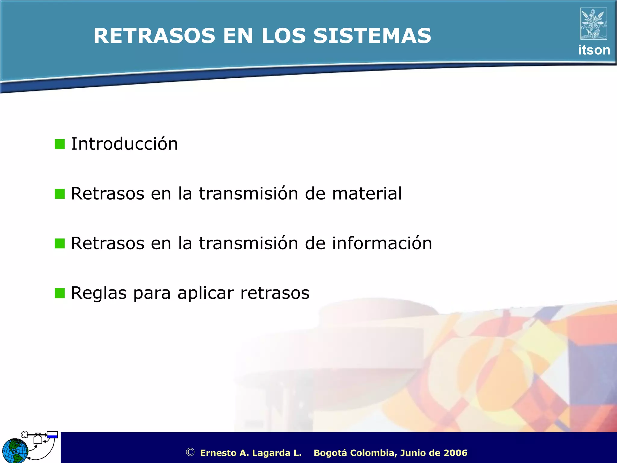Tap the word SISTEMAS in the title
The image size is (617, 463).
click(372, 36)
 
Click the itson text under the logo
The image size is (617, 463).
click(594, 50)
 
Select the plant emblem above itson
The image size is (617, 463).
click(594, 24)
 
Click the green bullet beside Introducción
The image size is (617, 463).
click(60, 144)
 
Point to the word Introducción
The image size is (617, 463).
click(124, 144)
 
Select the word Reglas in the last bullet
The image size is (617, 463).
click(99, 293)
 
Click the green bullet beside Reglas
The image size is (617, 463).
click(60, 293)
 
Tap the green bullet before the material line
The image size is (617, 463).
click(60, 194)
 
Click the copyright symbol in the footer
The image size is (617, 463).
click(190, 452)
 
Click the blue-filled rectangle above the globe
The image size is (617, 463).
click(52, 435)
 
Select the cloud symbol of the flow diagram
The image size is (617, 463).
click(25, 435)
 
